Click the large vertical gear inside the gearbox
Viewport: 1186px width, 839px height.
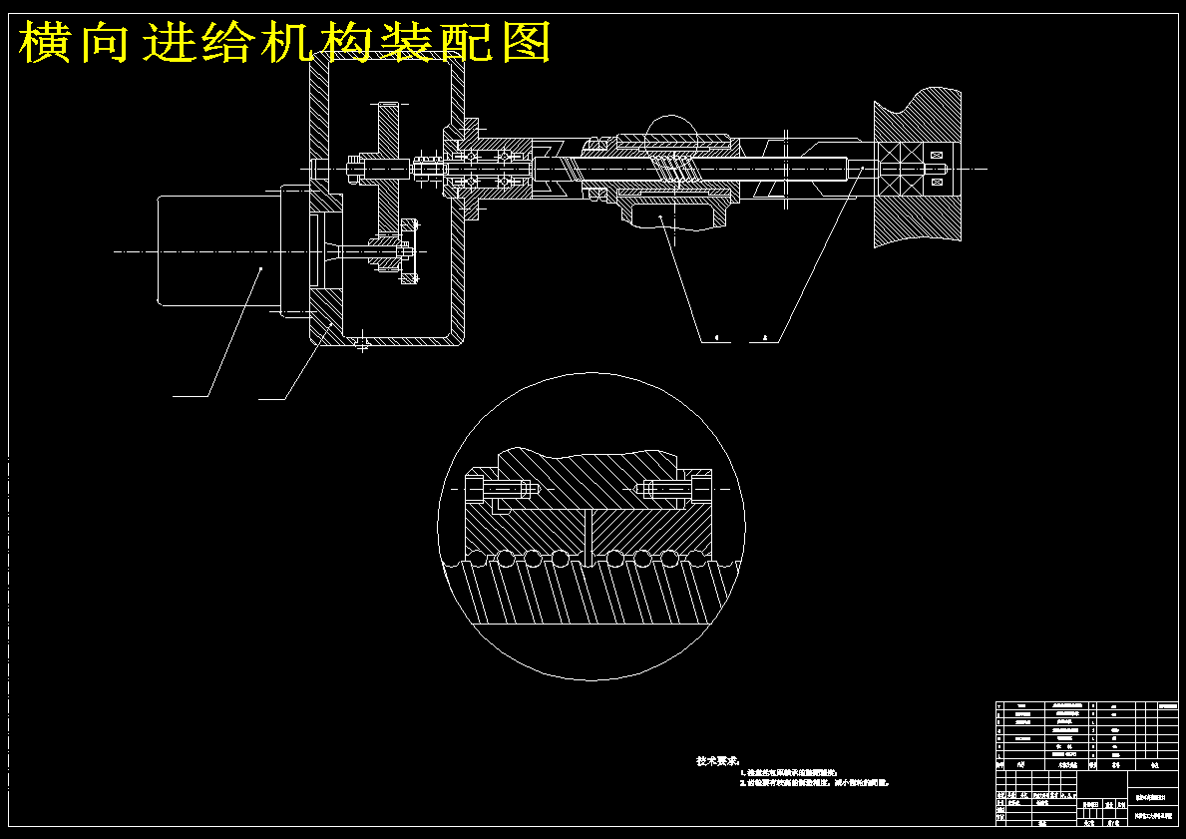(387, 165)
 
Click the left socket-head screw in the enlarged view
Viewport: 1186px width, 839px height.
(503, 489)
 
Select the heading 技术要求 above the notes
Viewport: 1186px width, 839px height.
(717, 761)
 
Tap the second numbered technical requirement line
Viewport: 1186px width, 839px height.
(814, 784)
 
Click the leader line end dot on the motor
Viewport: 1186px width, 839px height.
(261, 268)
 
